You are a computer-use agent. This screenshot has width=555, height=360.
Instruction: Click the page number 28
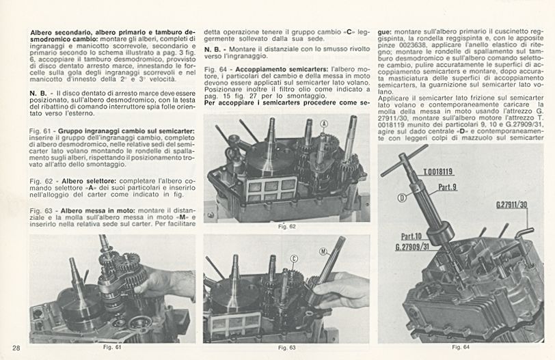15,348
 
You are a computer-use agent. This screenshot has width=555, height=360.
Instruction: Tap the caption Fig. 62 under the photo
287,225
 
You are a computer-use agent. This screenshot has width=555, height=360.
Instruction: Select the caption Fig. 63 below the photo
287,349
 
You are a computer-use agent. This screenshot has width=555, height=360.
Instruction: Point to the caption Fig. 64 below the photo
461,347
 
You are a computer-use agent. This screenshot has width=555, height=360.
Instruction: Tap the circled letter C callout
294,258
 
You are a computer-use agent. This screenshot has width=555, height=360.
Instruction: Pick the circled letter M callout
324,251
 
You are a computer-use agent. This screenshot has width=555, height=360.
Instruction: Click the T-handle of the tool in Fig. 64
403,159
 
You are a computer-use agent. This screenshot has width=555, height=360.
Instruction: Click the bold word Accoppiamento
263,70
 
